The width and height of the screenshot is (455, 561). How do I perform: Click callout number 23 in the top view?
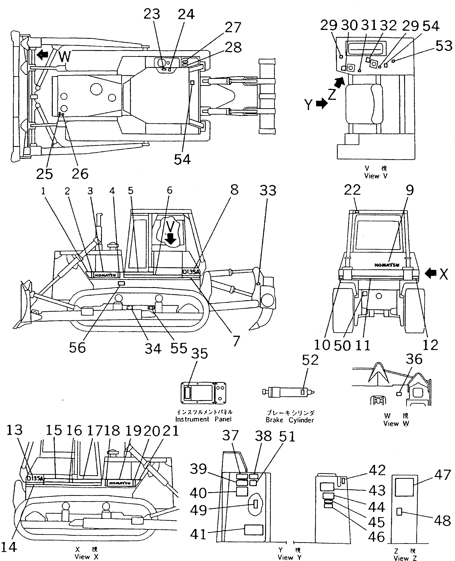pyautogui.click(x=152, y=14)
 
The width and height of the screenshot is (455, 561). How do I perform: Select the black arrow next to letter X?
pyautogui.click(x=430, y=274)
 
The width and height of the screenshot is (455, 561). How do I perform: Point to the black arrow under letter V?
pyautogui.click(x=171, y=239)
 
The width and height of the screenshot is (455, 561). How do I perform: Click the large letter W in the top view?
pyautogui.click(x=64, y=57)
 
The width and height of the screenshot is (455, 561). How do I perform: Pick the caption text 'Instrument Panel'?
pyautogui.click(x=203, y=419)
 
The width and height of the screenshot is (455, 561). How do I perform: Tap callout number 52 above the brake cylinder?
pyautogui.click(x=310, y=360)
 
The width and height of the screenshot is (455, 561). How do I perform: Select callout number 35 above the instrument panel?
pyautogui.click(x=199, y=354)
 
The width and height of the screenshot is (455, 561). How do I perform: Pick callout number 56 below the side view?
pyautogui.click(x=77, y=348)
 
